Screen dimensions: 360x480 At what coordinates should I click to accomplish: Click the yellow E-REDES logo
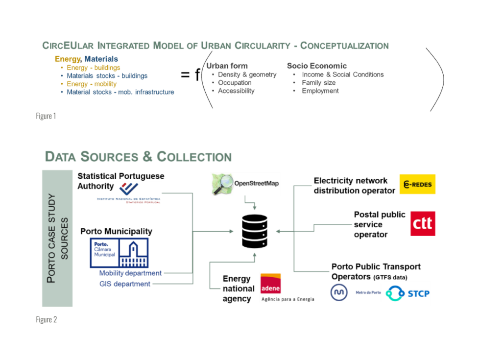point(417,184)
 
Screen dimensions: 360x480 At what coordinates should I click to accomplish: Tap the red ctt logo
point(422,223)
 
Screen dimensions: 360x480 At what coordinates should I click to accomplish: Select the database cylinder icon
point(254,231)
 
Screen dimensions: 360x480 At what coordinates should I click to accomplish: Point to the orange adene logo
point(270,283)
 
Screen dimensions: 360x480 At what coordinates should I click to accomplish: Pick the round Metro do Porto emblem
point(339,293)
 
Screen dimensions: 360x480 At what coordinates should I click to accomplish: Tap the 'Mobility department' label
point(130,273)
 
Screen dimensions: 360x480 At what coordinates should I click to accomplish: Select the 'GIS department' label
point(125,284)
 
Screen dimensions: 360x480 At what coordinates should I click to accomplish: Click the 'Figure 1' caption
point(46,116)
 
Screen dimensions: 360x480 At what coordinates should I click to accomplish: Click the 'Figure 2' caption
point(46,320)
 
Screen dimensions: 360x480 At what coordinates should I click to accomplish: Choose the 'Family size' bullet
point(318,83)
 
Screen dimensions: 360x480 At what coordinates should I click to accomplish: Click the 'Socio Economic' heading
point(316,66)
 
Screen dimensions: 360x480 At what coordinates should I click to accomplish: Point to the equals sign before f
point(185,75)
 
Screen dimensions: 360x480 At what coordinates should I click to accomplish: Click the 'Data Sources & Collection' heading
point(138,157)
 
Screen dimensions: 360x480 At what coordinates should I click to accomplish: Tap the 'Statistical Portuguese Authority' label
point(120,181)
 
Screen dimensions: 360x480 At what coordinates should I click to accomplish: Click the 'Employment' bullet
point(320,91)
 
